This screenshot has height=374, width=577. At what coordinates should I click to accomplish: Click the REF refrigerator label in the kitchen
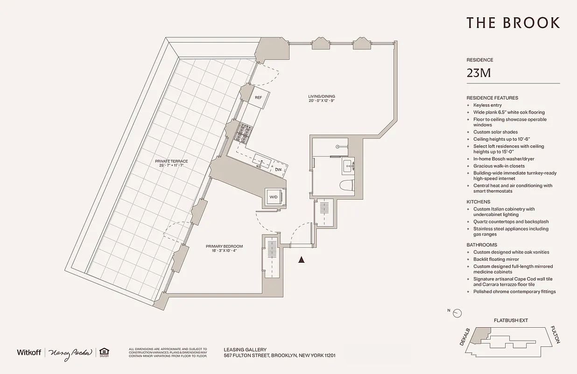[258, 98]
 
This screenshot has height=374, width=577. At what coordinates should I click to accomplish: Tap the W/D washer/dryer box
[273, 197]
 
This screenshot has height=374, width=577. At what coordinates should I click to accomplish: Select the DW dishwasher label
[278, 170]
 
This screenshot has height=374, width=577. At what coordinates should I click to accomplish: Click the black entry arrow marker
[302, 259]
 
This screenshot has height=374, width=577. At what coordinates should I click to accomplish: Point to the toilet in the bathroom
[346, 186]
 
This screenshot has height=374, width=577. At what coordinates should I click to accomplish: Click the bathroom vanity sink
[348, 165]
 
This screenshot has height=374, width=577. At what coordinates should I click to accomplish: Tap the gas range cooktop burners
[245, 132]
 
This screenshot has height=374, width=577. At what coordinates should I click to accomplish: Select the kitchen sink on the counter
[261, 162]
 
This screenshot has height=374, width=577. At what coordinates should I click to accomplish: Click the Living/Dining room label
[322, 98]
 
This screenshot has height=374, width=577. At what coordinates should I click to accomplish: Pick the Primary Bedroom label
[224, 248]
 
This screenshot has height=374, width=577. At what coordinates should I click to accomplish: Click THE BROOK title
[513, 23]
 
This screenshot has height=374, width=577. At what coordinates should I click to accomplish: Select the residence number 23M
[478, 73]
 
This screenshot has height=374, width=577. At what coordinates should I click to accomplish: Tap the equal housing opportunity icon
[104, 352]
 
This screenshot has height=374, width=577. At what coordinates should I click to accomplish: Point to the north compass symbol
[457, 313]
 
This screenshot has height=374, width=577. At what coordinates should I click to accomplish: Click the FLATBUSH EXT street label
[511, 321]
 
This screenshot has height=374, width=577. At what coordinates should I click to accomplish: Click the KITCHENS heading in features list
[478, 202]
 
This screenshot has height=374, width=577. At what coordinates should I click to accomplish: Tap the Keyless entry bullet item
[487, 105]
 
